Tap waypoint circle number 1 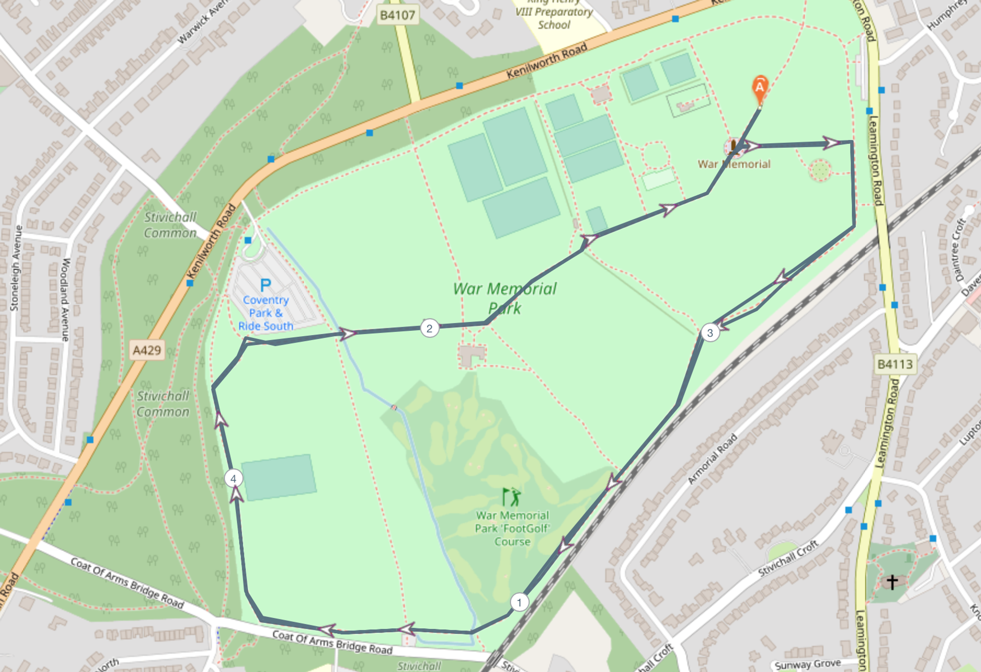pos(519,602)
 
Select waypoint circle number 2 pos(429,328)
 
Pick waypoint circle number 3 pos(710,333)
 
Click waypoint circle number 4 pos(233,478)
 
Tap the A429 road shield pos(147,350)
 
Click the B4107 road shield pos(398,15)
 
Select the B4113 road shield pos(895,364)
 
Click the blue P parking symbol pos(265,284)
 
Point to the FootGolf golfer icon pos(511,497)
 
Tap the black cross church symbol pos(892,582)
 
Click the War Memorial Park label pos(504,298)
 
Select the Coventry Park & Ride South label pos(265,313)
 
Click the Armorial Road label pos(713,459)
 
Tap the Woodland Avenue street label pos(64,299)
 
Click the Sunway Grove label pos(808,665)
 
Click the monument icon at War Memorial pos(733,146)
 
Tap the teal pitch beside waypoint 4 pos(279,477)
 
